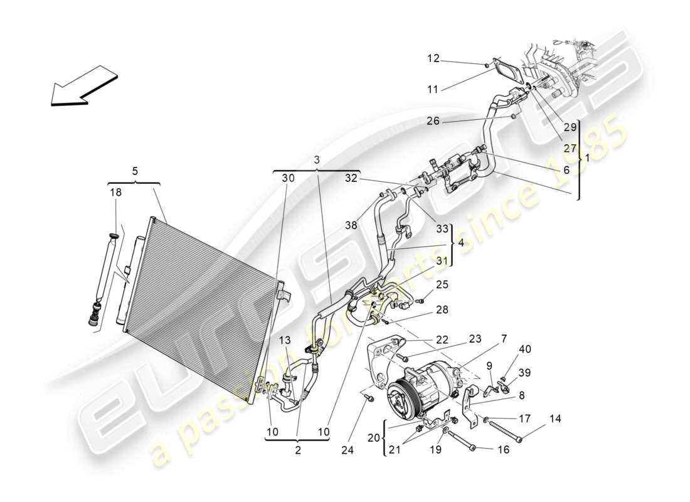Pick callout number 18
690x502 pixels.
(x=117, y=193)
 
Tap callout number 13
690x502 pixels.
(x=286, y=340)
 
